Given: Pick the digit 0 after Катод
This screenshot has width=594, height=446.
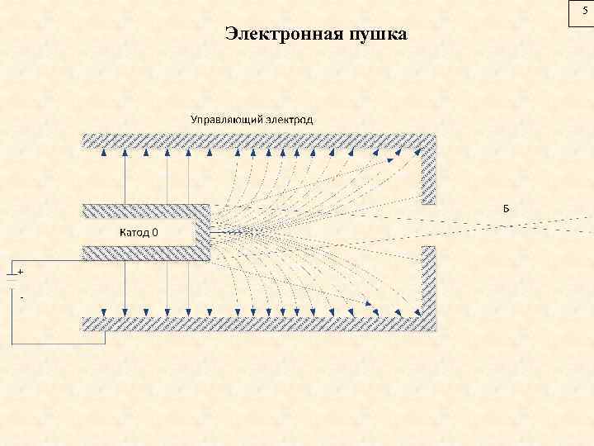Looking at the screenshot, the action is [x=155, y=231].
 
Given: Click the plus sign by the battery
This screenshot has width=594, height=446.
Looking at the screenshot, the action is [x=21, y=271].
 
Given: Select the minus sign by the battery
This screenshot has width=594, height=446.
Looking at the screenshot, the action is [x=21, y=297].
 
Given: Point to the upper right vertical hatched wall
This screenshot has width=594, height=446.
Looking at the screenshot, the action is [x=429, y=174].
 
